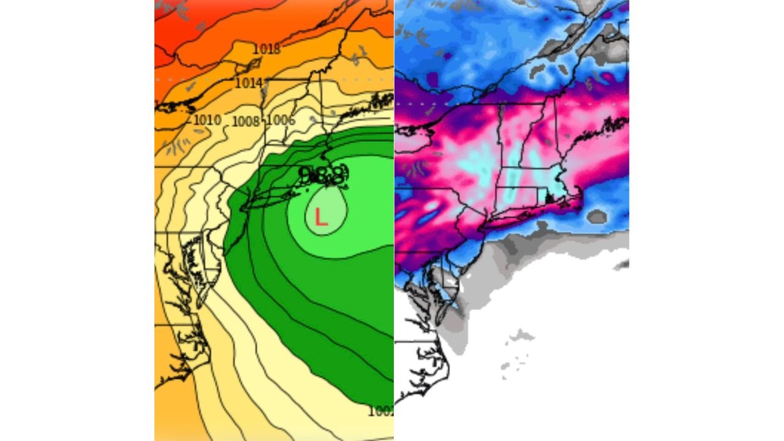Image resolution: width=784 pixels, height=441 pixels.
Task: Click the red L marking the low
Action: [320, 217]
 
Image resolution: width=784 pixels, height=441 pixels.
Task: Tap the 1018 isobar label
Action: [266, 49]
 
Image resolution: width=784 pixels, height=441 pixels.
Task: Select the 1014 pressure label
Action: [249, 83]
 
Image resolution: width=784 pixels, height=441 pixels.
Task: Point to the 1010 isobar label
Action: [207, 119]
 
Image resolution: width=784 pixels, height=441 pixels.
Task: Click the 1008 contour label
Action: [246, 121]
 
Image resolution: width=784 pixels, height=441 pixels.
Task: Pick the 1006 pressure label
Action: [281, 121]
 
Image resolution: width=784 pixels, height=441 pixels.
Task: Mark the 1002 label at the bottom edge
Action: [380, 412]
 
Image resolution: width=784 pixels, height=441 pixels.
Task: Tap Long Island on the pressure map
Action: [279, 196]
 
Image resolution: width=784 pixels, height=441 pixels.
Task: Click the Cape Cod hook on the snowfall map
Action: [578, 194]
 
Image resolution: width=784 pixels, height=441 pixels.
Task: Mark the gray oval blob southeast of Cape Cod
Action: [597, 216]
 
